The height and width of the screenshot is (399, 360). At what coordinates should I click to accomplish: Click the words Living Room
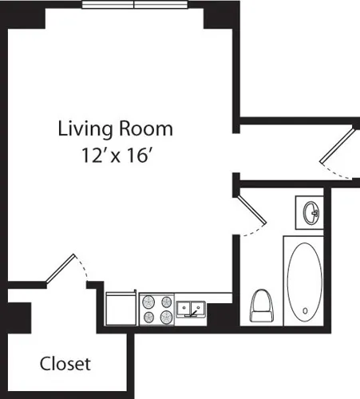click(x=115, y=128)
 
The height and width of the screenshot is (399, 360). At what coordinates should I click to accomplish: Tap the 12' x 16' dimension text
click(x=115, y=154)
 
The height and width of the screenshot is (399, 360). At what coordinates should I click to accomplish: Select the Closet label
click(x=65, y=364)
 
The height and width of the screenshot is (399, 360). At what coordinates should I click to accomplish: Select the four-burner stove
click(x=157, y=309)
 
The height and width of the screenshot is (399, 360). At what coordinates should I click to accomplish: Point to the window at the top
click(x=133, y=4)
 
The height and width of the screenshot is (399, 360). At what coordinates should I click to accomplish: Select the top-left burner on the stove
click(x=148, y=302)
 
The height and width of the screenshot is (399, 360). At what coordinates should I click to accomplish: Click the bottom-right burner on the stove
click(x=166, y=317)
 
